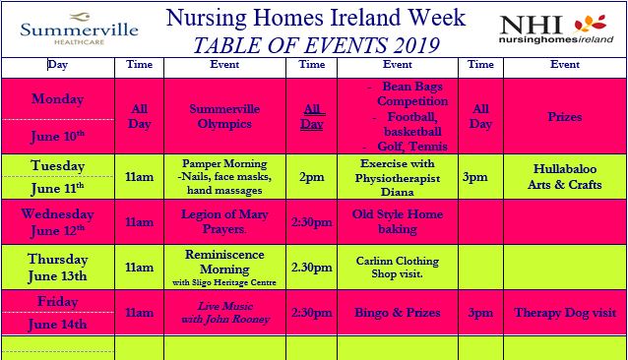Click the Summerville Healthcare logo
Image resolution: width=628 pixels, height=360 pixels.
tap(80, 29)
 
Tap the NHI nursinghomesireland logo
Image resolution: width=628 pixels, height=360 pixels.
tap(556, 28)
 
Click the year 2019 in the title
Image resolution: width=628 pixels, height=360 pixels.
tap(416, 45)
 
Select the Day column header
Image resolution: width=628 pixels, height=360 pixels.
tap(58, 64)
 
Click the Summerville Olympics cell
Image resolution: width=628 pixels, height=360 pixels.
tap(224, 116)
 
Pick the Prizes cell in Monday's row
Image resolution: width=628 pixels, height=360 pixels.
tap(565, 117)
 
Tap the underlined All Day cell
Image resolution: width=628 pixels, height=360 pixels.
tap(312, 116)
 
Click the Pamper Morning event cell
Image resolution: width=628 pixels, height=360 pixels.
tap(224, 176)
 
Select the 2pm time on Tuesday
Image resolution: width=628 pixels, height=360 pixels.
tap(312, 177)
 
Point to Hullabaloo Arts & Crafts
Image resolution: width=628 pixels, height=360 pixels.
tap(565, 176)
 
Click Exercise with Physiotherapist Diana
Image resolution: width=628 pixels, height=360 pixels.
tap(398, 177)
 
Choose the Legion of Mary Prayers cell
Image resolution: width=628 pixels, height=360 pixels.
tap(224, 221)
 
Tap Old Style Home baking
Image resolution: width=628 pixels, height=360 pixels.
tap(398, 221)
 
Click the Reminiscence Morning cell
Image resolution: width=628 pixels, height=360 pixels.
tap(224, 268)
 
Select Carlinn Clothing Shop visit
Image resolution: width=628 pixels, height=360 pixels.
tap(398, 267)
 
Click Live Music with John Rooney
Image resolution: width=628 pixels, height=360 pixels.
tap(225, 313)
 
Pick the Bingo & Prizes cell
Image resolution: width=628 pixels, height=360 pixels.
tap(398, 313)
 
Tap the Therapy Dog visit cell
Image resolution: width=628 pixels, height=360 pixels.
tap(565, 313)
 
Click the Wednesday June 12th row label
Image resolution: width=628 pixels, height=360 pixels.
tap(58, 222)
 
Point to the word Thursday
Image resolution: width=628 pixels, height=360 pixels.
tap(58, 260)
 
